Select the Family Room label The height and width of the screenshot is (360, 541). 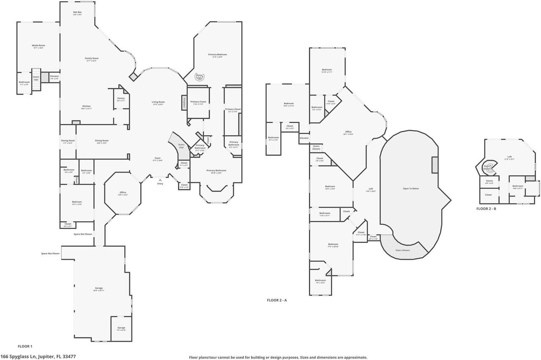92,59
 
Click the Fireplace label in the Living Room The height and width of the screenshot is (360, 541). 184,102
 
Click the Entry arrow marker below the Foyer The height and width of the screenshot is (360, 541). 160,180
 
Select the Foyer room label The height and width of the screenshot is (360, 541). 157,159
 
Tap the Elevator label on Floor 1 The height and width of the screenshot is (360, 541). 55,77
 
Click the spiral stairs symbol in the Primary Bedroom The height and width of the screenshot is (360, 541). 199,77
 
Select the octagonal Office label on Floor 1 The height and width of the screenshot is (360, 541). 123,193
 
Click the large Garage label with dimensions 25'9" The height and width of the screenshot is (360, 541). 99,289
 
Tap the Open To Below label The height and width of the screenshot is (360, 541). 411,188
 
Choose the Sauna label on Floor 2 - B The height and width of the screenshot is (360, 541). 489,182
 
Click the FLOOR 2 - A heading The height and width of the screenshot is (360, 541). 277,300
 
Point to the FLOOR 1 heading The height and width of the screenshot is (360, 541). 25,346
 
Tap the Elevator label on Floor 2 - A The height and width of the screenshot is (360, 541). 304,138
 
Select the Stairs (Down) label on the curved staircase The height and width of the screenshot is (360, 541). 402,250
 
